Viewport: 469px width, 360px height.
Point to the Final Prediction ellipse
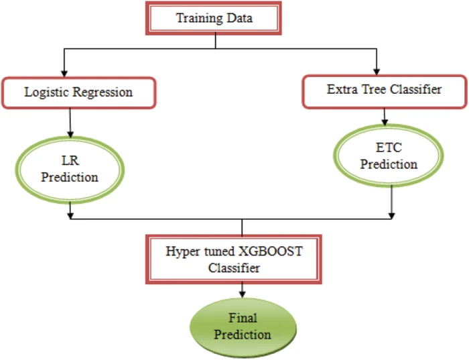click(243, 327)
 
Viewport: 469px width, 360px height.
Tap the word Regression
click(103, 93)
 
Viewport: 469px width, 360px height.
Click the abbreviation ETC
click(389, 147)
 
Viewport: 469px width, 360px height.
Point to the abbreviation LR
click(70, 161)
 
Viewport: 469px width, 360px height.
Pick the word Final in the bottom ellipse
click(243, 318)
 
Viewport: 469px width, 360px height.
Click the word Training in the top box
click(199, 18)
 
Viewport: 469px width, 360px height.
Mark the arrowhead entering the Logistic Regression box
click(64, 73)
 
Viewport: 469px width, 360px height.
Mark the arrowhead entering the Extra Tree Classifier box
click(377, 72)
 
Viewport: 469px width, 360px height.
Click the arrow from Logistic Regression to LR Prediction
click(70, 123)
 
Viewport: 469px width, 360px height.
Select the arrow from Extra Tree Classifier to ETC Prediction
click(385, 117)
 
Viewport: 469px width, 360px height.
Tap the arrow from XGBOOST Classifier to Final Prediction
click(243, 290)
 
